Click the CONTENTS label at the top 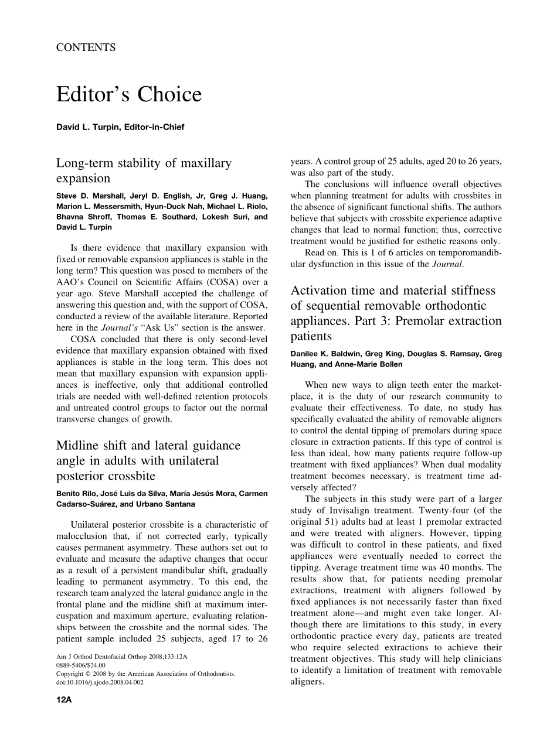(86, 48)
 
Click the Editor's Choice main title (129, 94)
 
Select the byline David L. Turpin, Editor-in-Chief (120, 127)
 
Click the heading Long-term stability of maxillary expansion (144, 170)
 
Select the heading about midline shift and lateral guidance (148, 460)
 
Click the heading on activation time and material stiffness (396, 313)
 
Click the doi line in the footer (99, 682)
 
